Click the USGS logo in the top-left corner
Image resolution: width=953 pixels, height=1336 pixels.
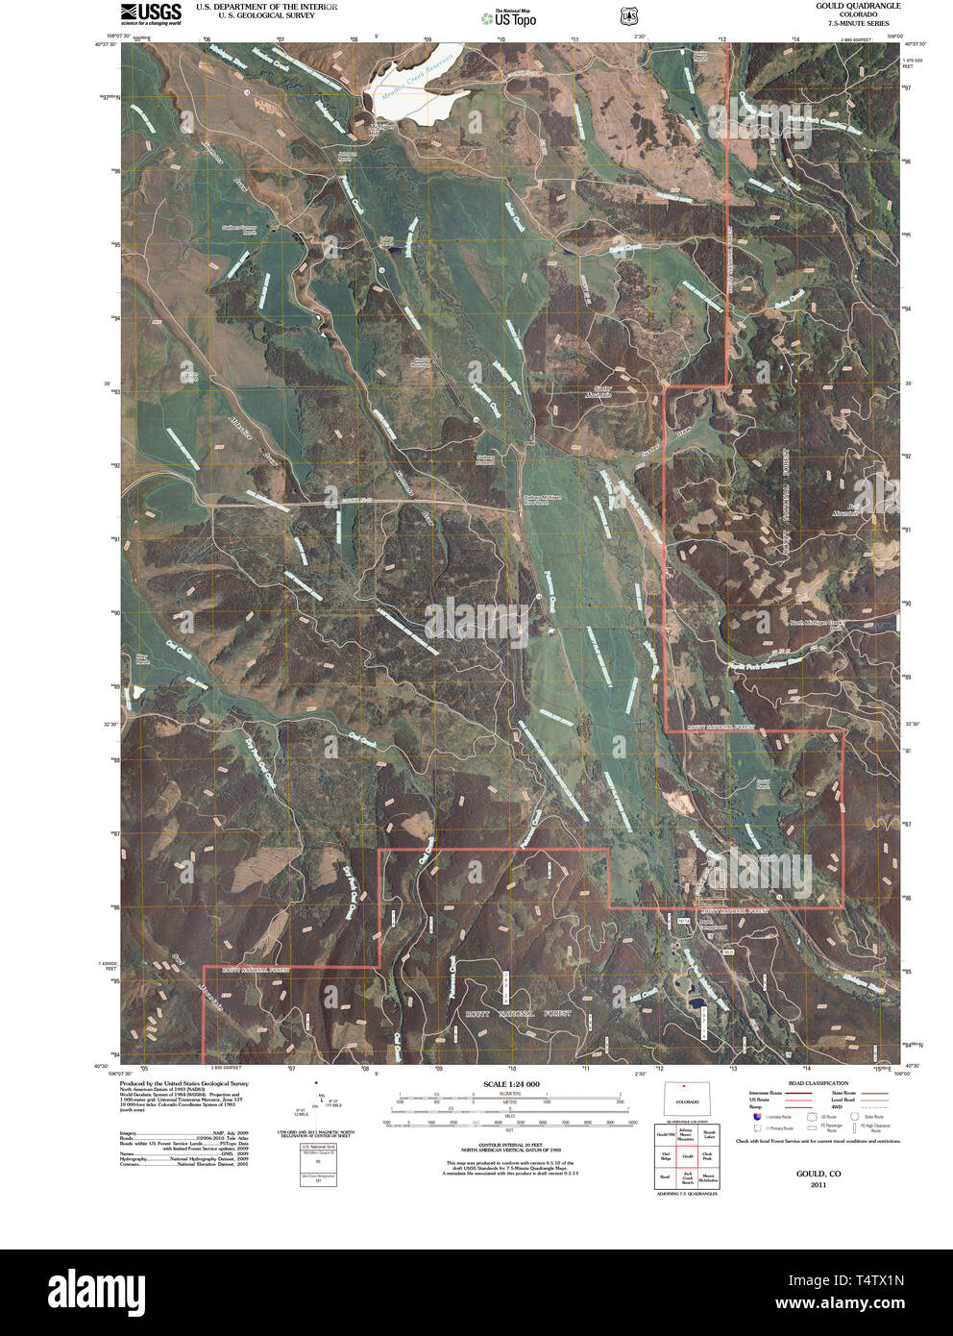[x=151, y=12]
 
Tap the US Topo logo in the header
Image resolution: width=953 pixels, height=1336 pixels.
[x=508, y=16]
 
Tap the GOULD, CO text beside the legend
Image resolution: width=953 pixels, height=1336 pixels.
[x=818, y=1174]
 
